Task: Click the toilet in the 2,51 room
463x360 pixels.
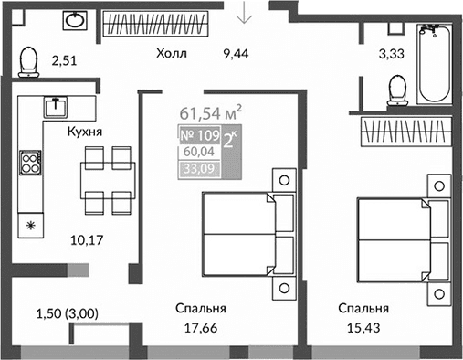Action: (x=27, y=61)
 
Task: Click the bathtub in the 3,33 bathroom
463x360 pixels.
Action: (x=433, y=64)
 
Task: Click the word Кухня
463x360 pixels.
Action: (x=84, y=132)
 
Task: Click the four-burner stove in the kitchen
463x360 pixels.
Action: (x=30, y=164)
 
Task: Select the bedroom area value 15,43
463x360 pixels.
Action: (x=363, y=327)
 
